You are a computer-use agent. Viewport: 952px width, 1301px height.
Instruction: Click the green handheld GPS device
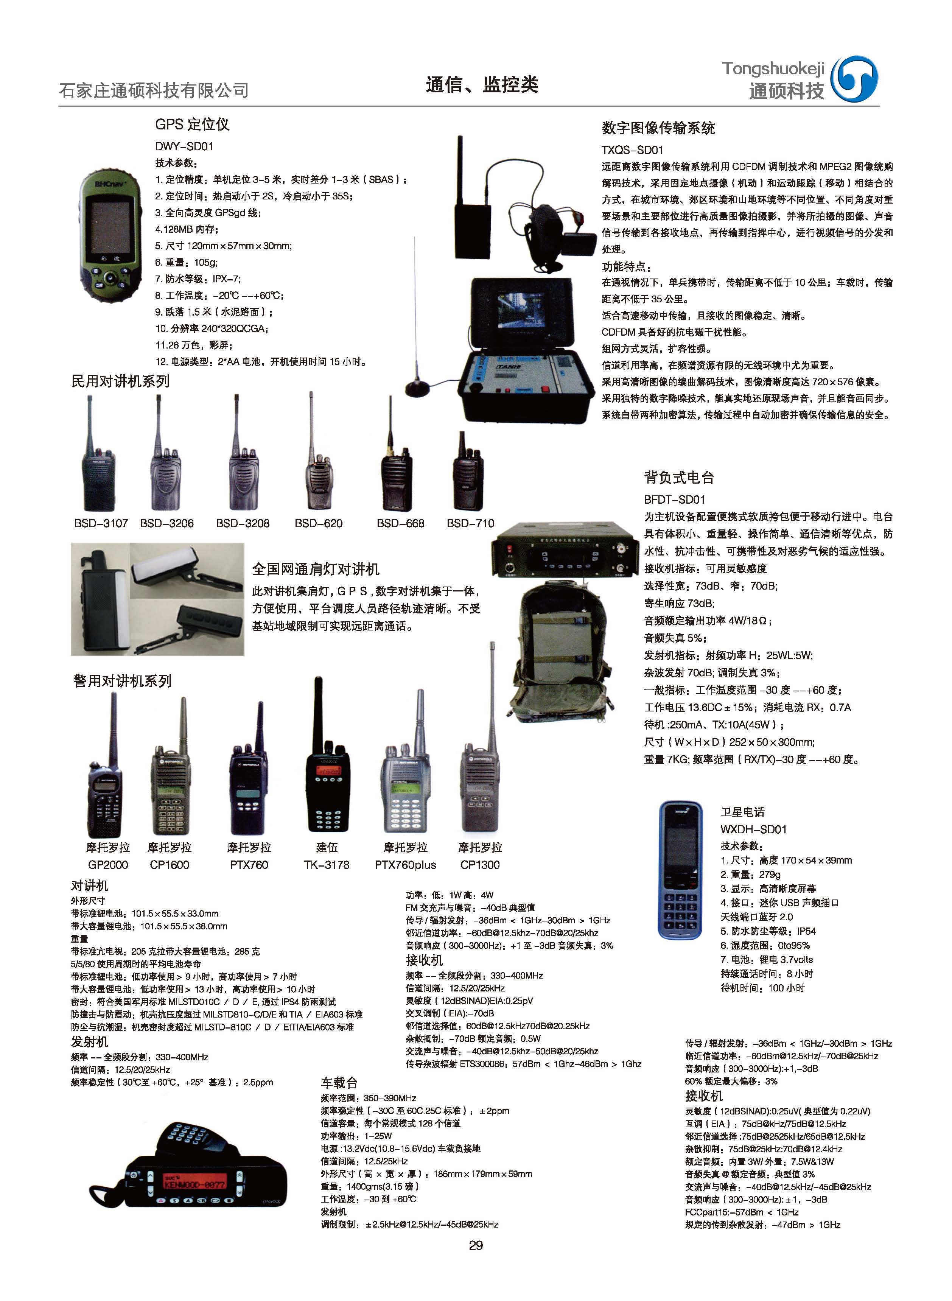click(x=109, y=233)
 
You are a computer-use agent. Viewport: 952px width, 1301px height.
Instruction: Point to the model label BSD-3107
click(x=101, y=523)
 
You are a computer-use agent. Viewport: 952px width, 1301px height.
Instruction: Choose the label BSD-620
click(x=318, y=523)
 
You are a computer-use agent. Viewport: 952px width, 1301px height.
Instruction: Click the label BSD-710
click(x=470, y=523)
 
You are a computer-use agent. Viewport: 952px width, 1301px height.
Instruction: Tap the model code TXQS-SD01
click(x=632, y=150)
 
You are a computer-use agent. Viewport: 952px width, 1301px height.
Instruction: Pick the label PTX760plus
click(x=405, y=865)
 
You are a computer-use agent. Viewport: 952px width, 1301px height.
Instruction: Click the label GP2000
click(x=108, y=865)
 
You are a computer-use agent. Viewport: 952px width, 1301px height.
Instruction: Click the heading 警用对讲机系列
click(x=122, y=681)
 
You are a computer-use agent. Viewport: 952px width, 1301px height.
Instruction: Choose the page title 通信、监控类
click(x=482, y=85)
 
